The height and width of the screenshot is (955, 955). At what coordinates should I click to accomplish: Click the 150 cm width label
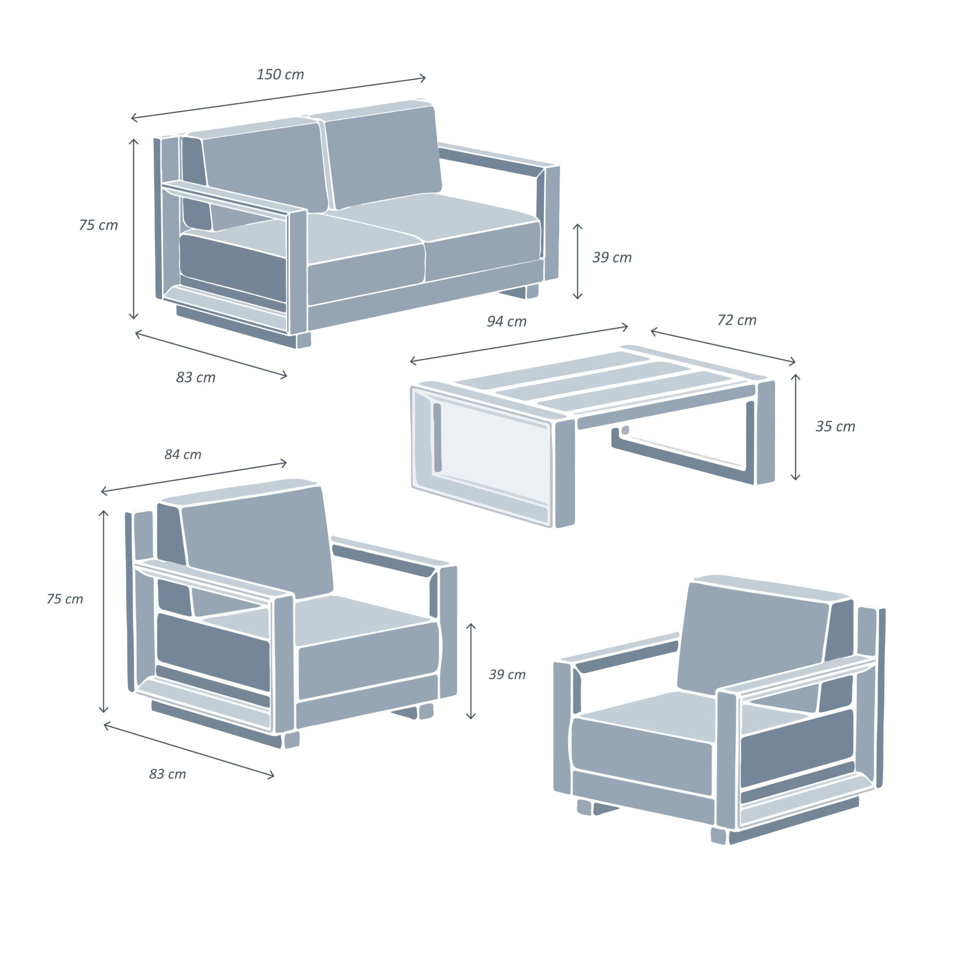click(280, 74)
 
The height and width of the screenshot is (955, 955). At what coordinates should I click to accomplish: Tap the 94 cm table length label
click(507, 322)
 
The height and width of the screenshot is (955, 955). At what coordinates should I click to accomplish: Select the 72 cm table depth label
click(736, 320)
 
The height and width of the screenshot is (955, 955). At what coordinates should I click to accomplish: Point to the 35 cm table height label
click(835, 426)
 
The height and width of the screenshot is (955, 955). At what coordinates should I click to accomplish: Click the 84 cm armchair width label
click(183, 455)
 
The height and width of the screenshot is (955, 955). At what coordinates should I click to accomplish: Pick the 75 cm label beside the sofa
click(98, 225)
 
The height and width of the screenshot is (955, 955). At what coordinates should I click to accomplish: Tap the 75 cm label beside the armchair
click(65, 599)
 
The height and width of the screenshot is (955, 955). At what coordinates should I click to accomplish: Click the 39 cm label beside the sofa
click(612, 257)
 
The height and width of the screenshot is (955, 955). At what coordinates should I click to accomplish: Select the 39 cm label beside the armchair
click(507, 675)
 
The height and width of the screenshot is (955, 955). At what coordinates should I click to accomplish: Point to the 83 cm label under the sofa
click(196, 378)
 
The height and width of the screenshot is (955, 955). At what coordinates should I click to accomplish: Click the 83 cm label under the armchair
click(168, 774)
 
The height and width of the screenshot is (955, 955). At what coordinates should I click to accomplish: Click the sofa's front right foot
click(304, 340)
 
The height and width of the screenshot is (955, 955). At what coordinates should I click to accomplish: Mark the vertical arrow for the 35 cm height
click(796, 427)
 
